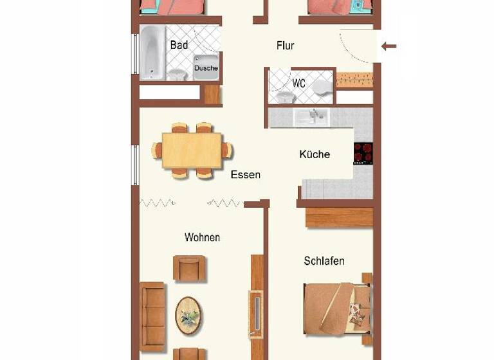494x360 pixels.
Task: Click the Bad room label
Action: click(x=179, y=45)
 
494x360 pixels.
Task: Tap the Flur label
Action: click(x=285, y=46)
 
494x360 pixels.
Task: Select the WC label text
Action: click(x=299, y=84)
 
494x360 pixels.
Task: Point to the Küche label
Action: click(x=315, y=154)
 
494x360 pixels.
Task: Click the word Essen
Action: click(x=245, y=174)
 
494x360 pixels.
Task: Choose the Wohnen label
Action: click(x=202, y=237)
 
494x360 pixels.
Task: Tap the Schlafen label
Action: click(x=324, y=261)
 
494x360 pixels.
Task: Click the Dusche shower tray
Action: click(x=206, y=67)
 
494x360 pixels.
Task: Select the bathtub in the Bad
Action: click(x=152, y=53)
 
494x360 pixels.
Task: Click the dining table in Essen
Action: click(x=192, y=150)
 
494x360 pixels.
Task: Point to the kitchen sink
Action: click(x=311, y=116)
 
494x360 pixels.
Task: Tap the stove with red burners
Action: click(x=363, y=153)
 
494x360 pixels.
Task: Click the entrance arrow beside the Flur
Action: click(x=389, y=46)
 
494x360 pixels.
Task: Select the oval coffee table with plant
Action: click(x=188, y=314)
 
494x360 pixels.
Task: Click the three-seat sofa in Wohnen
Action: click(x=153, y=316)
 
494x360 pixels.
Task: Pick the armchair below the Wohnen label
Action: click(x=190, y=268)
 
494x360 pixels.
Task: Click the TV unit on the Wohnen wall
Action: click(x=257, y=313)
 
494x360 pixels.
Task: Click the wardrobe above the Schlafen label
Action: click(x=339, y=217)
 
